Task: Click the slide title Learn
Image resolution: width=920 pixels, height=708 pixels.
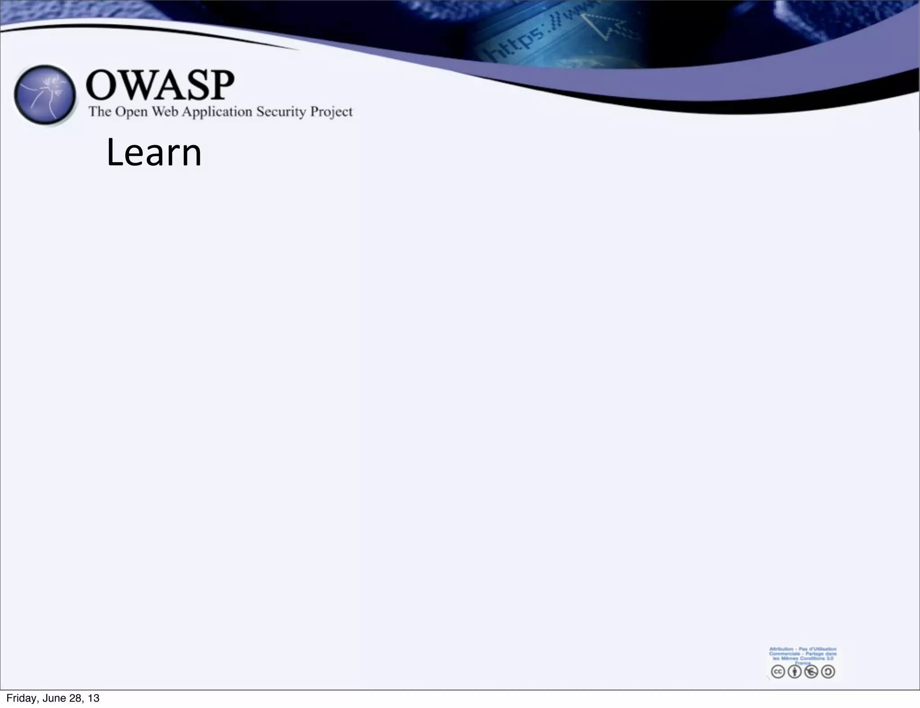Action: [154, 153]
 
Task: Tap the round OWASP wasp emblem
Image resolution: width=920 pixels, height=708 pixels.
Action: [44, 95]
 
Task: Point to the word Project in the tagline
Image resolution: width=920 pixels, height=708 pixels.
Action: [332, 112]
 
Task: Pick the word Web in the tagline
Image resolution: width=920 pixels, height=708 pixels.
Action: [164, 111]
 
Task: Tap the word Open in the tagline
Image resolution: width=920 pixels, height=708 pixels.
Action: [131, 112]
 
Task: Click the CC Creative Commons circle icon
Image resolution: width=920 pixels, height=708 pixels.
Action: [778, 672]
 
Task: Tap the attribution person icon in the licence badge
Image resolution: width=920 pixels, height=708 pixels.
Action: [794, 672]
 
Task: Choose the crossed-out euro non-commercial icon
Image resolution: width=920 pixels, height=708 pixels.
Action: [811, 672]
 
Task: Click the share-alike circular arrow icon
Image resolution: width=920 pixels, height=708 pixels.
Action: [828, 672]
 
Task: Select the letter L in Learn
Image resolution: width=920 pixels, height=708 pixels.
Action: [115, 153]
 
